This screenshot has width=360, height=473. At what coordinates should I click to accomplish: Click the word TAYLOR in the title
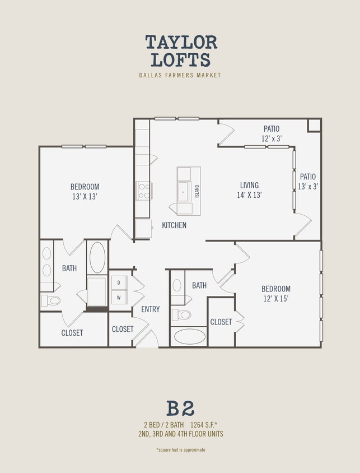(181, 42)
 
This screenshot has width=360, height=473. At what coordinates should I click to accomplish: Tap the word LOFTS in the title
(180, 59)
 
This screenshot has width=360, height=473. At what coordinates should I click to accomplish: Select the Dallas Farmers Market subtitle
(180, 75)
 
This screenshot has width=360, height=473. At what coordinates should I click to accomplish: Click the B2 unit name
(180, 409)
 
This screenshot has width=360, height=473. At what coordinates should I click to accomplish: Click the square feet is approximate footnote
(180, 449)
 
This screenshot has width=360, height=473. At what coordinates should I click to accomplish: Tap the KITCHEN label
(174, 225)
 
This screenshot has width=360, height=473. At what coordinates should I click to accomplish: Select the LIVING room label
(249, 186)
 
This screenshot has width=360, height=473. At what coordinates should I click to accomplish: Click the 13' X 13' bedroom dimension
(85, 196)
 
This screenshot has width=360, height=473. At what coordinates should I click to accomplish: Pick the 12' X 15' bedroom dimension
(276, 299)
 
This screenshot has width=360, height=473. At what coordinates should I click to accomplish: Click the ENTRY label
(150, 309)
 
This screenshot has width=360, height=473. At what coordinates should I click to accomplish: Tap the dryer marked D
(119, 282)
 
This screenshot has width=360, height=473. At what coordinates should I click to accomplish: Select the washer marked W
(119, 297)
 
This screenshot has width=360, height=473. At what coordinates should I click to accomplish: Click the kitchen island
(189, 191)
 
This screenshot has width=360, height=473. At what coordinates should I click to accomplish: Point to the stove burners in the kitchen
(143, 191)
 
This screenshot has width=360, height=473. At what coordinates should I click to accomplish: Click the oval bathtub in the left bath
(97, 257)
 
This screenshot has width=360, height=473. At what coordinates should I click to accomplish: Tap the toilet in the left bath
(51, 301)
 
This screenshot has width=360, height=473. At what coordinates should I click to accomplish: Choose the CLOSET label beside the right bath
(221, 322)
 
